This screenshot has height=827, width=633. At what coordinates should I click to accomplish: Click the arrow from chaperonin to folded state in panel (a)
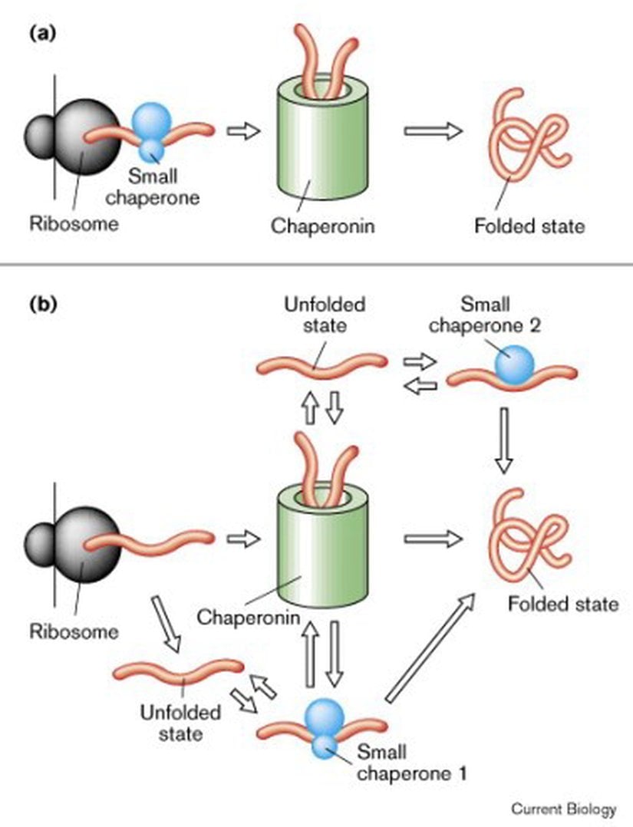coord(432,131)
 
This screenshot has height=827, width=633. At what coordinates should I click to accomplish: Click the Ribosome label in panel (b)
coord(74,632)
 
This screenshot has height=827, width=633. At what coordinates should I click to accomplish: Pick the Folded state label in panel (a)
coord(529,226)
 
